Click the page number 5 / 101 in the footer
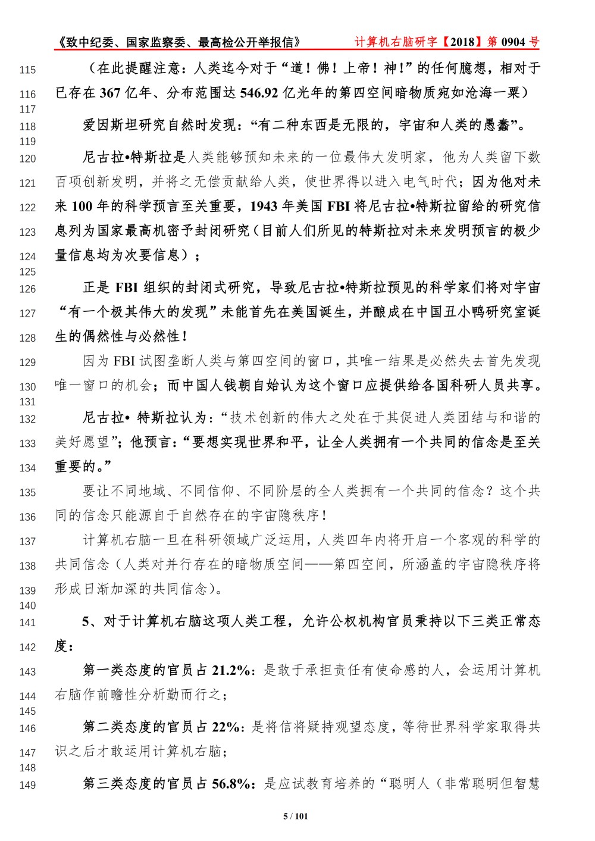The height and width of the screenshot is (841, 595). tap(295, 816)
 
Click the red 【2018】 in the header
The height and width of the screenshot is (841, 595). tap(462, 42)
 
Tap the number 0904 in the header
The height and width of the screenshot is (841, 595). tap(513, 42)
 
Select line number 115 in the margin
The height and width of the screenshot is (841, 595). tap(27, 70)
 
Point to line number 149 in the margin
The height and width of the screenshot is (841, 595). tap(27, 785)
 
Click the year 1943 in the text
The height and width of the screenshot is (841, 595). tap(264, 207)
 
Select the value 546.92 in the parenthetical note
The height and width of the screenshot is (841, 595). tap(259, 93)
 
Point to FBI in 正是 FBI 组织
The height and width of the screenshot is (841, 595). tap(126, 288)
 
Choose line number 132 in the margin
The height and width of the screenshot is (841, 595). tap(27, 419)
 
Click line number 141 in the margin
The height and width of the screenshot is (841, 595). tap(27, 623)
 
